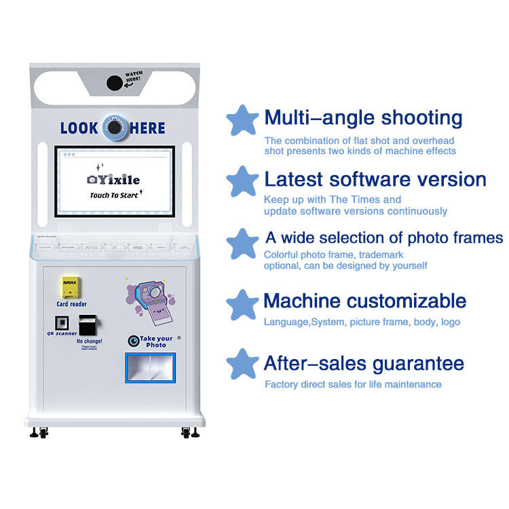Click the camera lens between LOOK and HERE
115,127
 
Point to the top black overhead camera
115,82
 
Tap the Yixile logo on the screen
113,179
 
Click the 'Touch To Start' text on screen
114,195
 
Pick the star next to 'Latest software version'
242,181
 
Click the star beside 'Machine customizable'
242,303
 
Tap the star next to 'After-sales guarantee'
242,364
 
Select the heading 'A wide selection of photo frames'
383,238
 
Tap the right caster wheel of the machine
188,432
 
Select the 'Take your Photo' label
155,341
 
